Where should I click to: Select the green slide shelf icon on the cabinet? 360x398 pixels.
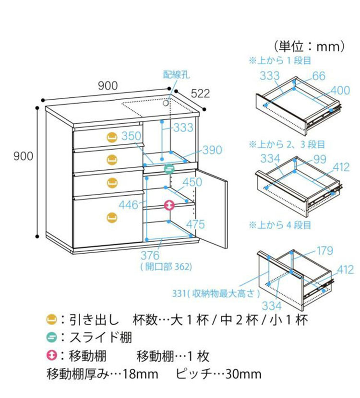(169, 168)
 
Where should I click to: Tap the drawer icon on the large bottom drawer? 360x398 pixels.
(112, 217)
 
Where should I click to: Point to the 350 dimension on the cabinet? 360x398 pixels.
(131, 136)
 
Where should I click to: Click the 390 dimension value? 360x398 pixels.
(212, 150)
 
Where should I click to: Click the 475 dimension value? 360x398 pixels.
(195, 224)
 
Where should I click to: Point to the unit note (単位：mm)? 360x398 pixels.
(312, 46)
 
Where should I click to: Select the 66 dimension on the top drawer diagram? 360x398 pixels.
(318, 76)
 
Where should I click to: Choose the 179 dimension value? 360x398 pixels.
(324, 251)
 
